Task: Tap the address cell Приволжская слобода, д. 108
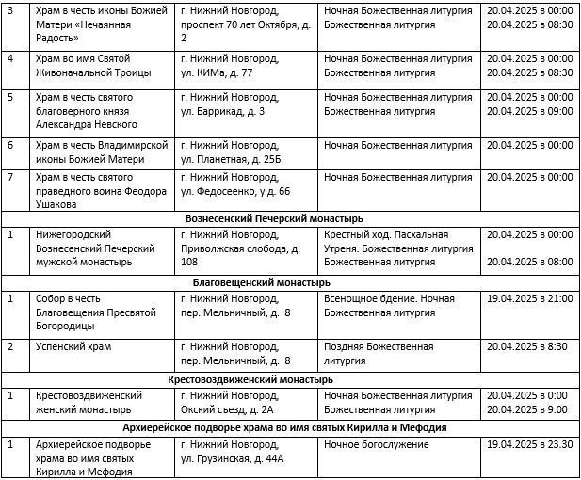click(x=240, y=248)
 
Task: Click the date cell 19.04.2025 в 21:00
click(x=530, y=298)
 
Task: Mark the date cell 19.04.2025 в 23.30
click(x=530, y=443)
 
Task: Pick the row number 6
click(x=10, y=145)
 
